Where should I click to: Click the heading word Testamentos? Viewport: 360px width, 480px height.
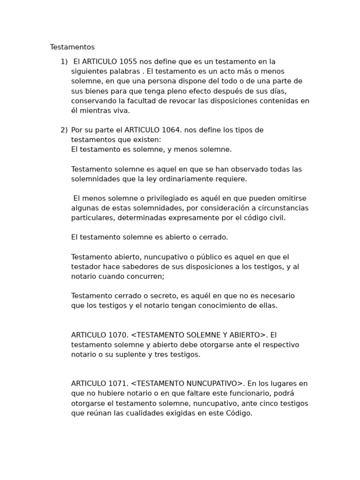tap(72, 47)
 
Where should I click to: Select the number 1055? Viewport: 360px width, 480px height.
tap(128, 62)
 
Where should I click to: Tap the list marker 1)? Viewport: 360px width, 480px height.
tap(64, 62)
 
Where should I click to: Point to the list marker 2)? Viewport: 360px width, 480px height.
tap(64, 130)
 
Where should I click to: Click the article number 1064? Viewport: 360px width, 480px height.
tap(171, 130)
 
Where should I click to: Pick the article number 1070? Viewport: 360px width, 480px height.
tap(118, 335)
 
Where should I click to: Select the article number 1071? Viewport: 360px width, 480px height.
tap(118, 384)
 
